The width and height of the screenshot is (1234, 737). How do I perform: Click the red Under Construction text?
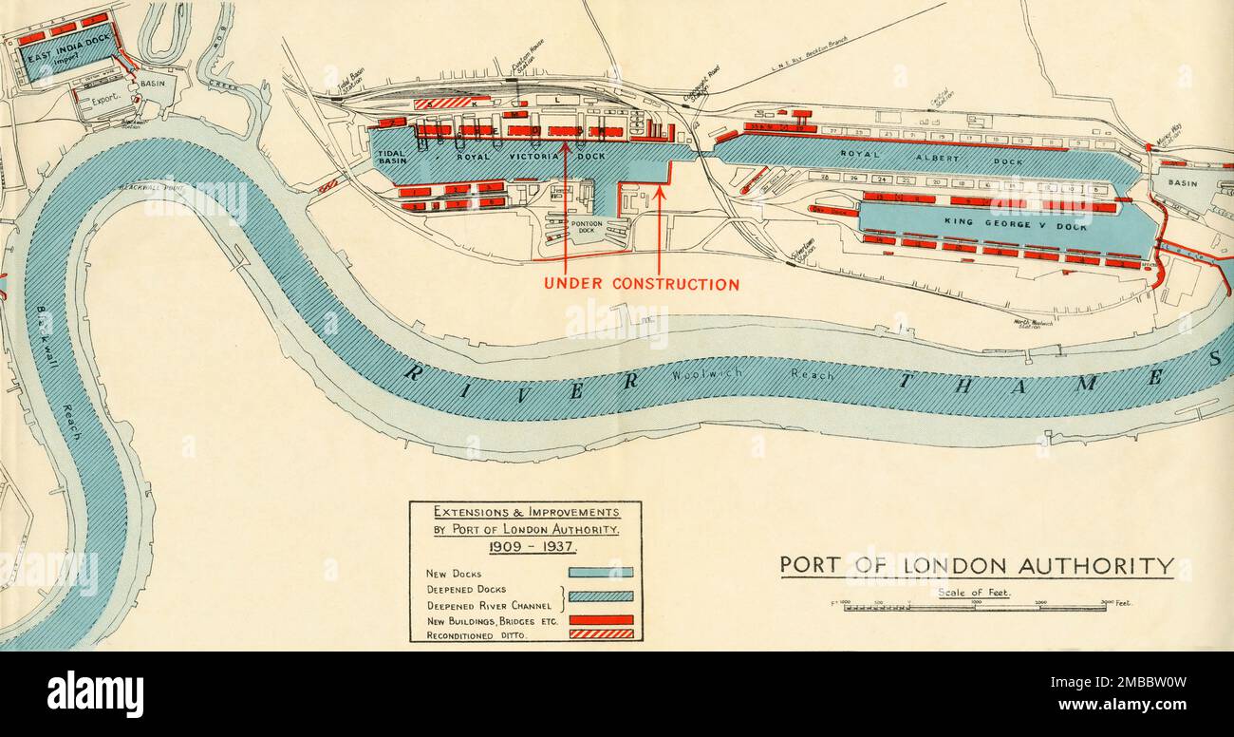[642, 284]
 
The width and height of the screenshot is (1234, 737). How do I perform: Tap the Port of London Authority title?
[977, 566]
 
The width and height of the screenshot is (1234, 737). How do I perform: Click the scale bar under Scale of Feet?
[975, 607]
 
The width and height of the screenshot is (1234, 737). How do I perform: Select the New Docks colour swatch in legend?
[600, 573]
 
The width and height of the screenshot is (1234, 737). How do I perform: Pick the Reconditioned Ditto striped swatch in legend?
[600, 633]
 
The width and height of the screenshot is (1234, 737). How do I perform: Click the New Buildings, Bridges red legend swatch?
[600, 619]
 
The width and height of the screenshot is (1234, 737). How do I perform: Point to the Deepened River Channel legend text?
[489, 605]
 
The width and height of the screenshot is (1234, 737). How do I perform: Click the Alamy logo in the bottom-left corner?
[95, 693]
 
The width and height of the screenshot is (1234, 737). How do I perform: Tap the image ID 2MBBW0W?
[1176, 681]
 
